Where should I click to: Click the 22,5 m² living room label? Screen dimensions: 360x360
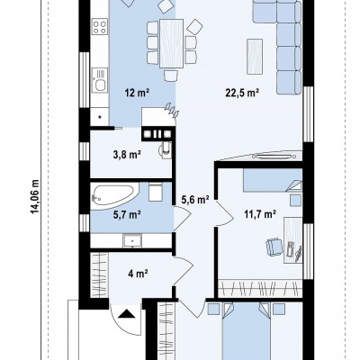click(x=242, y=93)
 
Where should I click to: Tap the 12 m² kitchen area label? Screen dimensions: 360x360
click(x=137, y=93)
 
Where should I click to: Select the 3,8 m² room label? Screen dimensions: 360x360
click(x=126, y=155)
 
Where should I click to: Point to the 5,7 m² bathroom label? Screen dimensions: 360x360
click(x=126, y=215)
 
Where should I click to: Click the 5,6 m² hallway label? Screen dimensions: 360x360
click(x=195, y=199)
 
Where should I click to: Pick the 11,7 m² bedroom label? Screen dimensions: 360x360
click(x=259, y=214)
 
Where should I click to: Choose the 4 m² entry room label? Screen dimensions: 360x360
click(x=138, y=274)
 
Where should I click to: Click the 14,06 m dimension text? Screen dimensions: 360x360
click(x=35, y=197)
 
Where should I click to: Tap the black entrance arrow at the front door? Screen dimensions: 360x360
click(x=126, y=314)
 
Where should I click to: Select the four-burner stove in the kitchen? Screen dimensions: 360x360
click(x=100, y=26)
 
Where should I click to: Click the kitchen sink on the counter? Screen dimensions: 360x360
click(x=99, y=79)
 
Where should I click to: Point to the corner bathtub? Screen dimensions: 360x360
click(x=115, y=193)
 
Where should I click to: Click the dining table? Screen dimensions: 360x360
click(x=171, y=43)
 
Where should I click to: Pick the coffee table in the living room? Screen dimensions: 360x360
click(x=255, y=56)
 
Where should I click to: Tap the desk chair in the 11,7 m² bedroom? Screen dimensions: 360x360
click(x=274, y=247)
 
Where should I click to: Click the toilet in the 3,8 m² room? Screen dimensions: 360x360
click(x=165, y=149)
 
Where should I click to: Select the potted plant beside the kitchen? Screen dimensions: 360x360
click(x=173, y=110)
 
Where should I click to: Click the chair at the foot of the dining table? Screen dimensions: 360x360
click(x=171, y=76)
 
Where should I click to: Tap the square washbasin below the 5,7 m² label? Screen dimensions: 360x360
click(x=132, y=241)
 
